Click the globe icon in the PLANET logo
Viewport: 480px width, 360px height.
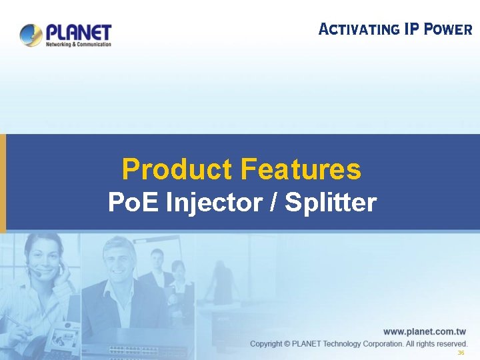31,35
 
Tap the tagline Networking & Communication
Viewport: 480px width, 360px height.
78,45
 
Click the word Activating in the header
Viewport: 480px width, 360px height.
358,29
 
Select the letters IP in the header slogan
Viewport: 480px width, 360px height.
411,29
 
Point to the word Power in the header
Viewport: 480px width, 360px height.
448,29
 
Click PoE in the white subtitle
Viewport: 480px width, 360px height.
131,202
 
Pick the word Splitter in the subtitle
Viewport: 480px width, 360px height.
330,202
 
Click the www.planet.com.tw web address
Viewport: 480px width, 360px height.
424,331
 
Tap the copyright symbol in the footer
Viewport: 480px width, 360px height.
287,344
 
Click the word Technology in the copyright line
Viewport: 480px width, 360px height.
350,344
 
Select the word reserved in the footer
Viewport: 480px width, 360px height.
451,344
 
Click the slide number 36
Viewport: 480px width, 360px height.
461,353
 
